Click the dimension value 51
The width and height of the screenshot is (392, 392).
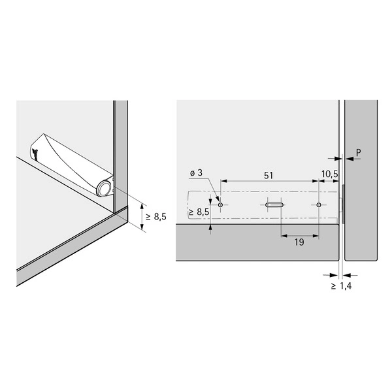(x=269, y=176)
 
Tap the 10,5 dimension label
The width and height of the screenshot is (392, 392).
(x=329, y=174)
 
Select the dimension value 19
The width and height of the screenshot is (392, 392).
(x=299, y=242)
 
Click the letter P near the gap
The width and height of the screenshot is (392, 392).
(x=359, y=152)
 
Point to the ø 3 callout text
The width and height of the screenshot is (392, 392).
(x=196, y=172)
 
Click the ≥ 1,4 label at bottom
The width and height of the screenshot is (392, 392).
(x=341, y=286)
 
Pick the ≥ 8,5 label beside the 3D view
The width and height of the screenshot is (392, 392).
(x=156, y=216)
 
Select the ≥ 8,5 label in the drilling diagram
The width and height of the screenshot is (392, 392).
(x=199, y=212)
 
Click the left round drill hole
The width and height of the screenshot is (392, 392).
(x=220, y=204)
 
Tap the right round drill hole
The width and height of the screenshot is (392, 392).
(x=319, y=204)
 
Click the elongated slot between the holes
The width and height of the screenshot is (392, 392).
(x=274, y=204)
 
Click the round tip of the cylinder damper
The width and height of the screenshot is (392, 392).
(x=103, y=189)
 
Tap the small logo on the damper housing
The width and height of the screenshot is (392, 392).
(x=35, y=154)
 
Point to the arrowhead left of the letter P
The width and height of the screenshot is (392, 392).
(x=338, y=159)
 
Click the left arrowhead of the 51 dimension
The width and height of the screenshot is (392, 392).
(x=223, y=181)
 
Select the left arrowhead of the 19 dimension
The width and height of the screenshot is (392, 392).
(x=285, y=235)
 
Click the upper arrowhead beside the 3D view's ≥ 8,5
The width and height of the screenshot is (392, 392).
(x=142, y=207)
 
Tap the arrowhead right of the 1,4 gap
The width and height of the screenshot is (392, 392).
(x=346, y=275)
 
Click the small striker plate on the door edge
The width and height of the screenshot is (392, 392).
(x=343, y=204)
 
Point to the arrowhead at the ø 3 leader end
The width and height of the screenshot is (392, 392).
(x=218, y=199)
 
